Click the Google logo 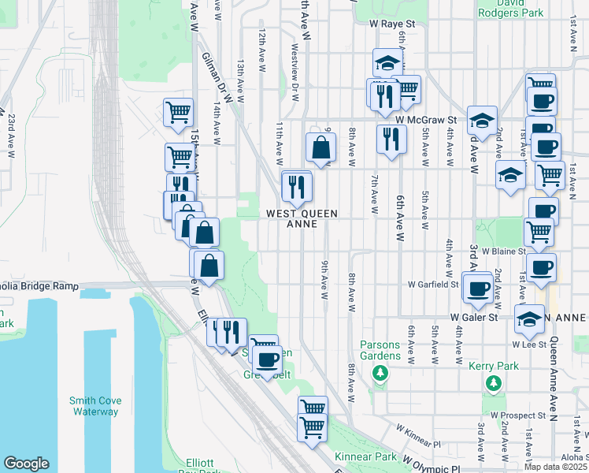[x=27, y=464]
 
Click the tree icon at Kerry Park [x=494, y=383]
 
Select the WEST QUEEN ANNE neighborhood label [x=302, y=218]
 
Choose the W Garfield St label [x=433, y=285]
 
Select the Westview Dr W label [x=294, y=73]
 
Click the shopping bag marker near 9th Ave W [x=321, y=147]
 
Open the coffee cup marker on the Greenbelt [x=268, y=360]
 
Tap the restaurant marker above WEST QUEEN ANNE [x=297, y=187]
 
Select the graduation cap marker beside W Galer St [x=528, y=319]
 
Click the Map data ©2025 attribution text [x=555, y=467]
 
